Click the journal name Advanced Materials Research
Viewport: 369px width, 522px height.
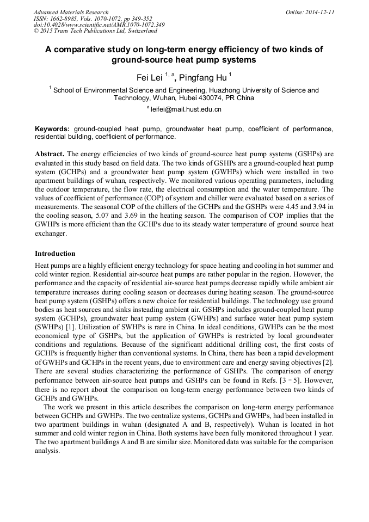[71, 12]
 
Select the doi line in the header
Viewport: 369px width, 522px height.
[99, 24]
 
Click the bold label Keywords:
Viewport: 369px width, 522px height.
[52, 129]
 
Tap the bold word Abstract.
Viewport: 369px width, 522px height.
[50, 154]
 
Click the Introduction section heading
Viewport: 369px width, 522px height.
[55, 254]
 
